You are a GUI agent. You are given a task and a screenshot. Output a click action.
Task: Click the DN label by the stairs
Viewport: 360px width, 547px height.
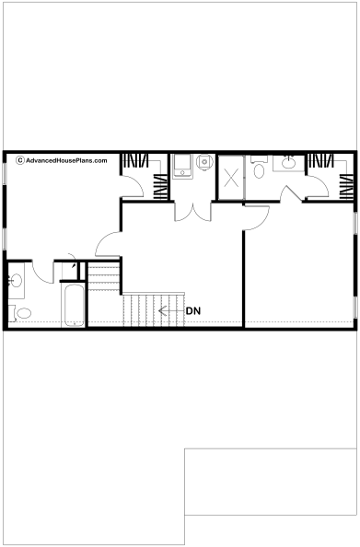(x=193, y=311)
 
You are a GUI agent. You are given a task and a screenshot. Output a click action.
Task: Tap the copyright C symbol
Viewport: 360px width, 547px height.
(x=20, y=160)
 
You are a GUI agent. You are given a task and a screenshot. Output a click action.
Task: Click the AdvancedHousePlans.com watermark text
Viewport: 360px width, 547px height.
(x=66, y=161)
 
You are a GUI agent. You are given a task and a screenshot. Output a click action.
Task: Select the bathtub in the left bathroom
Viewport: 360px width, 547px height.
(x=74, y=305)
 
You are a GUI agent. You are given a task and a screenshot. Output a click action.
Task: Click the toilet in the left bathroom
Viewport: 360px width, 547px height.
(x=21, y=313)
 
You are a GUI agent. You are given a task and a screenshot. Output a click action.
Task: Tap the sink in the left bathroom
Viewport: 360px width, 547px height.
(x=16, y=280)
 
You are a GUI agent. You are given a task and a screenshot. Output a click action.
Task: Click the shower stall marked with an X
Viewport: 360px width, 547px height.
(x=231, y=178)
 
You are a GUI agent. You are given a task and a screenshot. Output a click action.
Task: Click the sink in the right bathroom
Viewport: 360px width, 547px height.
(x=288, y=163)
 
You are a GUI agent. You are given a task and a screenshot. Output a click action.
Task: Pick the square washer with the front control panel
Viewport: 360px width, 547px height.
(x=182, y=167)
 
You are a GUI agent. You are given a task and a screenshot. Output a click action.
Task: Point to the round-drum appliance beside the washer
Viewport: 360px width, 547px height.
(x=204, y=161)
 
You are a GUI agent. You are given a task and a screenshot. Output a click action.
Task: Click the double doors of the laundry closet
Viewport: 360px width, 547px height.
(x=193, y=212)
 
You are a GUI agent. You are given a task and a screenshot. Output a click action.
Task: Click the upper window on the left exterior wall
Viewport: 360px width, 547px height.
(x=5, y=173)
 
